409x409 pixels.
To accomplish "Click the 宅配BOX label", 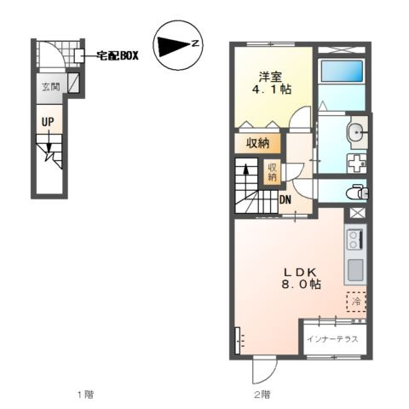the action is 118,55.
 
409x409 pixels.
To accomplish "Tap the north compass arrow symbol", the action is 178,45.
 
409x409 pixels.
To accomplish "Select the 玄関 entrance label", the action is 51,87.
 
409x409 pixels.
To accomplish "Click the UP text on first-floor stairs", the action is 48,122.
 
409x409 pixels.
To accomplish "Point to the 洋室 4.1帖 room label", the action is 272,83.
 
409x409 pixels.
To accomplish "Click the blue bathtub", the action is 342,71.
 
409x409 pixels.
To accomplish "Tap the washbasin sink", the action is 357,133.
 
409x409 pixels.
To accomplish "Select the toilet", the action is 357,193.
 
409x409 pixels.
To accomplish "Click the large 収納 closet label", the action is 258,143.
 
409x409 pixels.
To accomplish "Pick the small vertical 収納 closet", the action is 272,171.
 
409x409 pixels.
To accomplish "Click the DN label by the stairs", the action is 285,199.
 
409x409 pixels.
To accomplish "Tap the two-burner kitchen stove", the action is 355,240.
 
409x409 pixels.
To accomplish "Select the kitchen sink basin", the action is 355,269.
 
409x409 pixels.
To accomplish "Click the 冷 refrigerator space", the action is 356,302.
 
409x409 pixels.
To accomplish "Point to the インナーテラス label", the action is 332,339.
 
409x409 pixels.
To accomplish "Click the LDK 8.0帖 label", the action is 301,279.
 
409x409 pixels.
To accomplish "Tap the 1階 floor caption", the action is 85,395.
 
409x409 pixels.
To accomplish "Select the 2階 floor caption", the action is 262,395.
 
